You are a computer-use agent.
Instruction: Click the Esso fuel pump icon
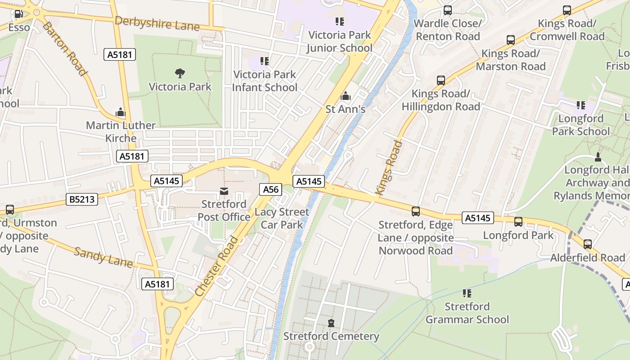(x=18, y=14)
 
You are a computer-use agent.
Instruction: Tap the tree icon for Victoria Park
(x=180, y=73)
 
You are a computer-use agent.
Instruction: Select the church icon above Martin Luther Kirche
(x=121, y=112)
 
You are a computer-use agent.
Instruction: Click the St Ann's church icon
(x=346, y=96)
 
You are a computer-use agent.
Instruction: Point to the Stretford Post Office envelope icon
(x=224, y=191)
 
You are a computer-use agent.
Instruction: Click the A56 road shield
(x=271, y=189)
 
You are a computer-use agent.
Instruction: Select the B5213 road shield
(x=82, y=199)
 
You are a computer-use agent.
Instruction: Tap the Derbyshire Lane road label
(x=157, y=23)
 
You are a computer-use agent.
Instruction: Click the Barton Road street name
(x=64, y=48)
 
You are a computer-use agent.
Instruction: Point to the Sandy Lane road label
(x=103, y=257)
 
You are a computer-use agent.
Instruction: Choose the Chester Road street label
(x=218, y=266)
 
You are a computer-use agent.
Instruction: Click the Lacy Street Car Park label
(x=282, y=218)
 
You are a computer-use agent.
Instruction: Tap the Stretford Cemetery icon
(x=331, y=323)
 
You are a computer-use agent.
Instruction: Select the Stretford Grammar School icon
(x=467, y=293)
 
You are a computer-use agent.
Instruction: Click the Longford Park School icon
(x=580, y=105)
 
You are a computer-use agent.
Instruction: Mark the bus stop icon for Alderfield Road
(x=588, y=244)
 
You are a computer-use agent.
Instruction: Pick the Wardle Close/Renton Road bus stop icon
(x=448, y=10)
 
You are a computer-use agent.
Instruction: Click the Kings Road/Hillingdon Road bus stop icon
(x=441, y=81)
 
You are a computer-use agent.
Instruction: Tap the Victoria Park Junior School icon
(x=339, y=21)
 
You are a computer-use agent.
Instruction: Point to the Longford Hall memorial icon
(x=598, y=157)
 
